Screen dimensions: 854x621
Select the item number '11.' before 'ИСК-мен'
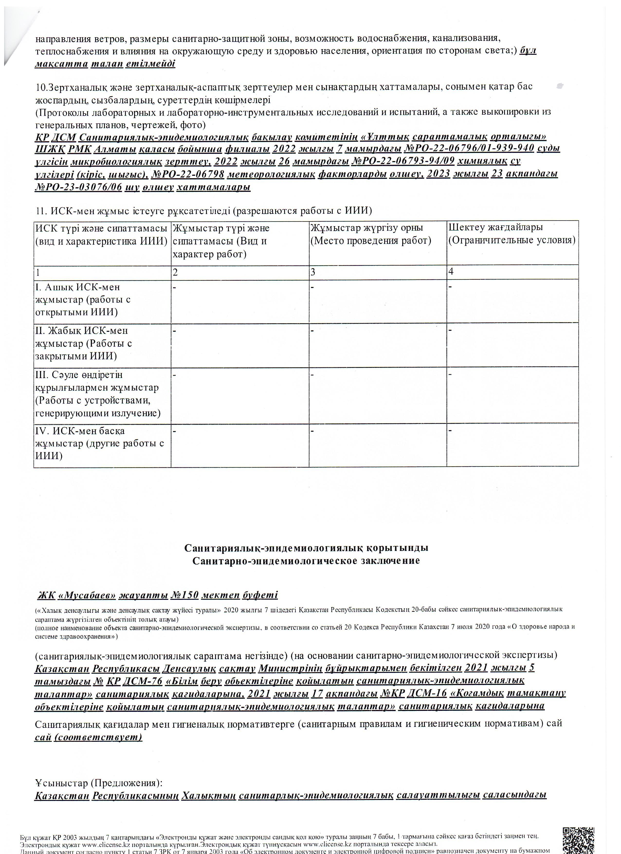coord(41,211)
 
